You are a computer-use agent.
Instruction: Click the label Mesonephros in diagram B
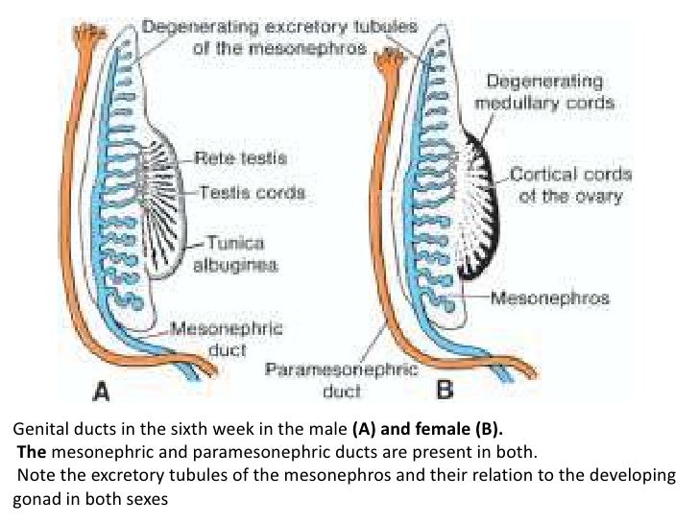[550, 298]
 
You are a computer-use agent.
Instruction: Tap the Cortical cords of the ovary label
[570, 186]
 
